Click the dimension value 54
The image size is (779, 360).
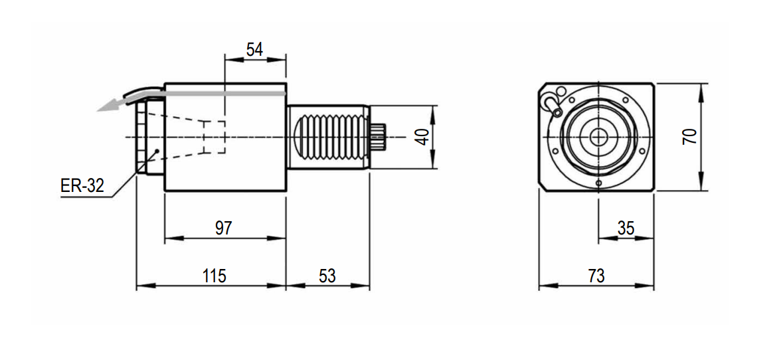(254, 50)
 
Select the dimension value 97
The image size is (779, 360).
(224, 228)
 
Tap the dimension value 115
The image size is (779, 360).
(214, 276)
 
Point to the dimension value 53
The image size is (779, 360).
(327, 276)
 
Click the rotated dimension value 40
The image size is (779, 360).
(422, 137)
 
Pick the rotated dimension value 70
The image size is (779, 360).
(689, 136)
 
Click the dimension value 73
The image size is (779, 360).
(596, 276)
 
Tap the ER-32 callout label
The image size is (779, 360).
(82, 186)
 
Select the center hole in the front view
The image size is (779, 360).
(599, 137)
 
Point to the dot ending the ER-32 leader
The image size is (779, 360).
(157, 151)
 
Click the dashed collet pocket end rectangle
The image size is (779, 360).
(215, 137)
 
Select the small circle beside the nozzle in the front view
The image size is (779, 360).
(562, 91)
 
